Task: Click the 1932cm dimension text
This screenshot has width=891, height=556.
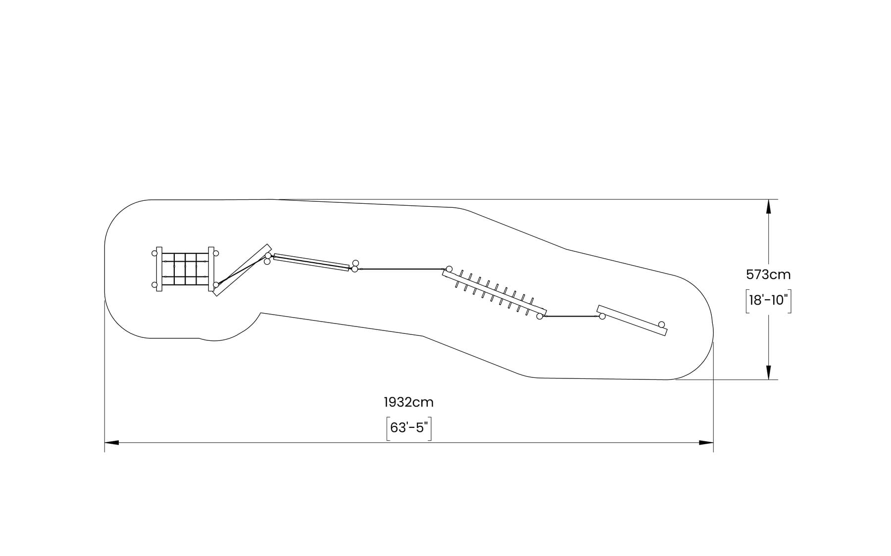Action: tap(408, 402)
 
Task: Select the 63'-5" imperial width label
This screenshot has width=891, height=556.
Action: tap(408, 428)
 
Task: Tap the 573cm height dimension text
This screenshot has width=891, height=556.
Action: tap(768, 275)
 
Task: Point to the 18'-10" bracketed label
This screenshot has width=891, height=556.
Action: tap(768, 300)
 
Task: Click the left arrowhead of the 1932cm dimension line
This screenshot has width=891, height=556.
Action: tap(111, 442)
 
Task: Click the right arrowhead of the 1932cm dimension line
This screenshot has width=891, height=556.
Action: tap(706, 442)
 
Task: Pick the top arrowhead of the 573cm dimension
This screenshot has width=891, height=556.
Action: tap(768, 206)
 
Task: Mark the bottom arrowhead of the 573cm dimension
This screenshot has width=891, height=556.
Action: tap(768, 372)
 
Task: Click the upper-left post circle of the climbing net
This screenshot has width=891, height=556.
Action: tap(154, 253)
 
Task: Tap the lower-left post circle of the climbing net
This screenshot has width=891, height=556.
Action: tap(154, 284)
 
